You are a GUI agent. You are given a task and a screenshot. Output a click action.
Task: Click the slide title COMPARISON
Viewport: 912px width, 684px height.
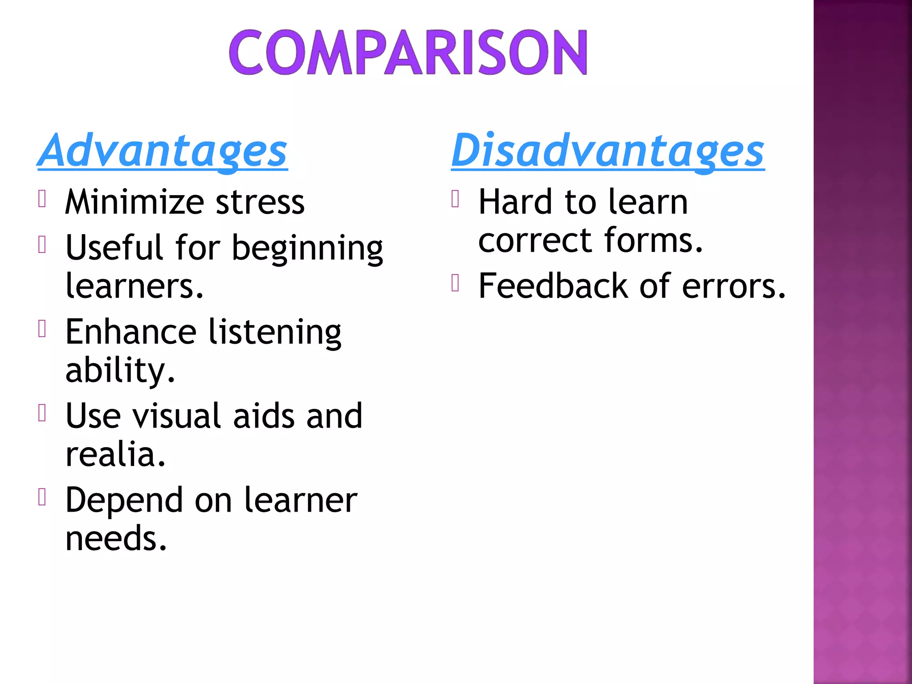pyautogui.click(x=408, y=53)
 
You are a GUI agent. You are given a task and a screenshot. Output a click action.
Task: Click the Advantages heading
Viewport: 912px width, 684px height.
pyautogui.click(x=163, y=151)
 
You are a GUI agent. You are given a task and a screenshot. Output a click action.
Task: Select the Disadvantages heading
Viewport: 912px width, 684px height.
pyautogui.click(x=607, y=151)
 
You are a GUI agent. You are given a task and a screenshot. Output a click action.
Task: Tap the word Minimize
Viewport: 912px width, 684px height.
pyautogui.click(x=134, y=202)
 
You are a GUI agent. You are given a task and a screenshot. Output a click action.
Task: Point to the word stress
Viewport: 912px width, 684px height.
pyautogui.click(x=260, y=202)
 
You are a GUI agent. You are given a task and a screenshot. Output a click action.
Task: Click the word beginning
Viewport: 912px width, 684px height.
pyautogui.click(x=307, y=248)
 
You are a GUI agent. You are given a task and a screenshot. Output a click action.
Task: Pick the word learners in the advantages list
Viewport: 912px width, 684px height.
pyautogui.click(x=134, y=286)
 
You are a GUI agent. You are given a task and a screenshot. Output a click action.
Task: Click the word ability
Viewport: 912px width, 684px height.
pyautogui.click(x=119, y=370)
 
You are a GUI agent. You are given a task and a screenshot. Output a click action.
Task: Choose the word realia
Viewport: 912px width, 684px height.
pyautogui.click(x=115, y=454)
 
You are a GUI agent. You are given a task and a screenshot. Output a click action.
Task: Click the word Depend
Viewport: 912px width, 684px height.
pyautogui.click(x=124, y=501)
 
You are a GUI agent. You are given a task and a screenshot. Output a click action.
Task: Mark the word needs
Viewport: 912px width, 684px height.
pyautogui.click(x=116, y=538)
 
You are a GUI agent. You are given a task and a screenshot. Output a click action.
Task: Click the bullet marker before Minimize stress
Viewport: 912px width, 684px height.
pyautogui.click(x=42, y=199)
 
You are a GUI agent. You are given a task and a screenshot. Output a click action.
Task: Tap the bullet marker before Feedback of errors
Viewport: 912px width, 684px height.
pyautogui.click(x=455, y=283)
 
